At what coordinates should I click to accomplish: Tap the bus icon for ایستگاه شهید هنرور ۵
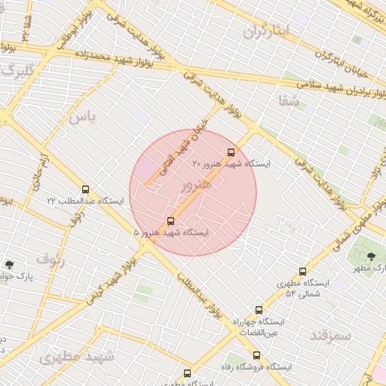(x=171, y=221)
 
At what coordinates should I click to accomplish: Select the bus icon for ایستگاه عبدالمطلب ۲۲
(x=85, y=189)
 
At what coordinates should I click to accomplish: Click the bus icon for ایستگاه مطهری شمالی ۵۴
(x=303, y=271)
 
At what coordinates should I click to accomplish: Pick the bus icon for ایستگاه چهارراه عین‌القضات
(x=259, y=310)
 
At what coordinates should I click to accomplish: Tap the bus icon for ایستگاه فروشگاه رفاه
(x=257, y=355)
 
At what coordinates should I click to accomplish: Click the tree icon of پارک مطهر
(x=371, y=256)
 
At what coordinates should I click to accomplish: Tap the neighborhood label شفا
(x=288, y=100)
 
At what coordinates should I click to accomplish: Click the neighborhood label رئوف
(x=51, y=261)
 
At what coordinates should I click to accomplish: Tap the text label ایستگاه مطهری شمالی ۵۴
(x=299, y=288)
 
